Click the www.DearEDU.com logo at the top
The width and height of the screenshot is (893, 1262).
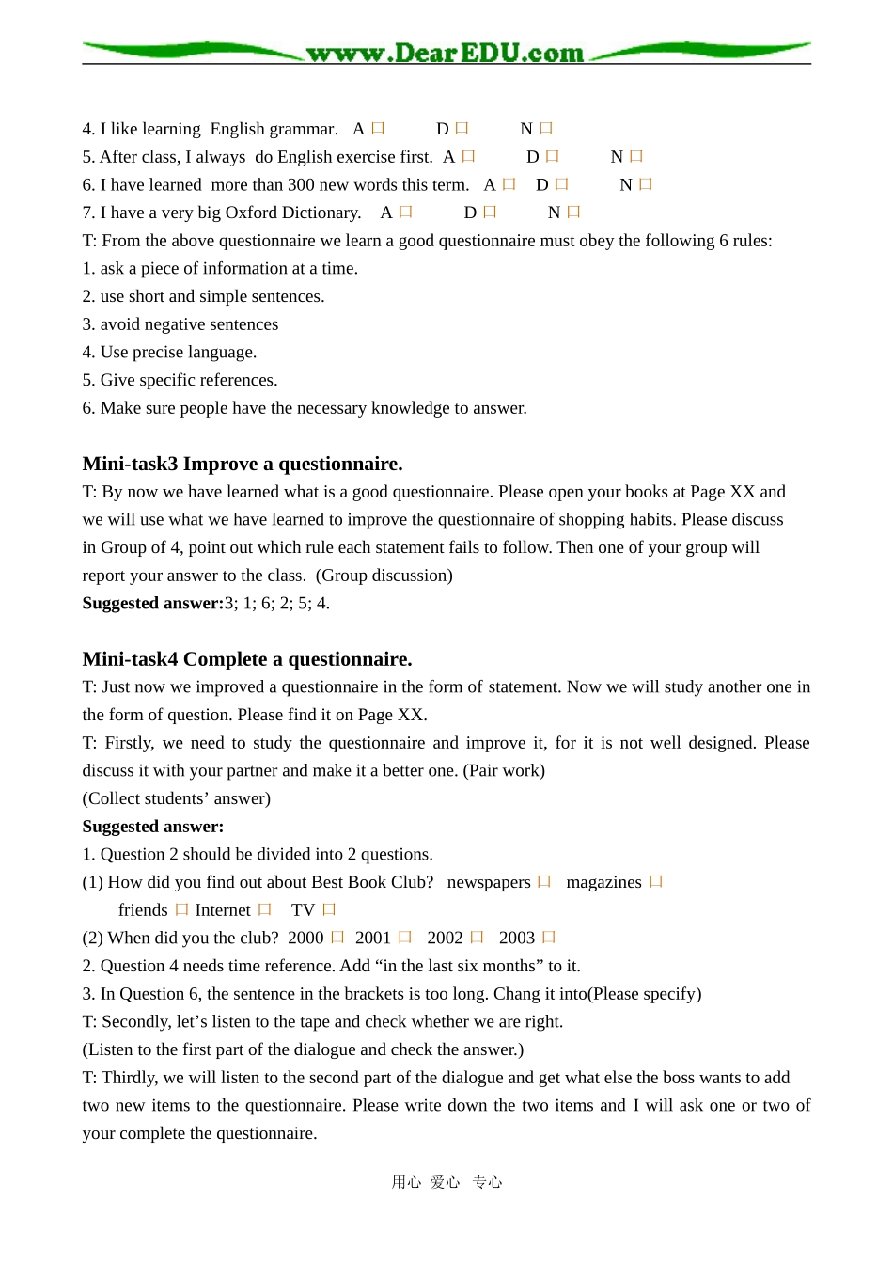click(x=445, y=53)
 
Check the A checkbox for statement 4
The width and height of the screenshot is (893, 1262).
click(x=378, y=129)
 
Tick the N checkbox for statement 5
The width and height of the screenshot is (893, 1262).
click(x=636, y=157)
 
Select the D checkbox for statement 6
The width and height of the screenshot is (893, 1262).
click(x=562, y=185)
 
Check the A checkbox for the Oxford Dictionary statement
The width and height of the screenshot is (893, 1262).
click(x=405, y=213)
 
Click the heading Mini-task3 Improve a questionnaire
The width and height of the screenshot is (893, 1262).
click(x=243, y=464)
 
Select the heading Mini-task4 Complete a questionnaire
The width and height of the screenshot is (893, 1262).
click(x=247, y=659)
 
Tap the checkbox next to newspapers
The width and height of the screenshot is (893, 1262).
click(x=544, y=882)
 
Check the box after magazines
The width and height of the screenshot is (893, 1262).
click(x=656, y=882)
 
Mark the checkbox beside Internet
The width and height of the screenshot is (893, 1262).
click(x=265, y=910)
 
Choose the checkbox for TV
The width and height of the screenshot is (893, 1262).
click(x=329, y=910)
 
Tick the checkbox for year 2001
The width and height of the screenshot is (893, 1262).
click(x=405, y=938)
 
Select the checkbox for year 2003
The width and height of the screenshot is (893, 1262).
click(x=549, y=938)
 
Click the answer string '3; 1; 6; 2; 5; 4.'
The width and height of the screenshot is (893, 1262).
click(x=277, y=604)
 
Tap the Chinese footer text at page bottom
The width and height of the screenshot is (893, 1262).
click(x=446, y=1182)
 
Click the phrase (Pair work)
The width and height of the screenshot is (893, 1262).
click(x=504, y=771)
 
